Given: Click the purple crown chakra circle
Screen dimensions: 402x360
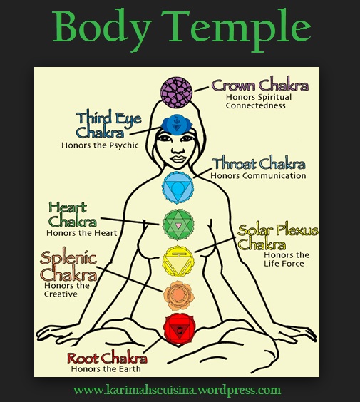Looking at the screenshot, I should coord(177,93).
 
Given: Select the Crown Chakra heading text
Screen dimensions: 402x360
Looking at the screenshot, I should coord(259,86).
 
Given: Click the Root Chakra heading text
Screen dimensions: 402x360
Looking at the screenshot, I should coord(107,358).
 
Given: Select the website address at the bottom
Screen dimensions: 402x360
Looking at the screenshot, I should coord(177,390).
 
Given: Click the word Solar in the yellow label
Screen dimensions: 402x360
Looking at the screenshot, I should coord(257,231).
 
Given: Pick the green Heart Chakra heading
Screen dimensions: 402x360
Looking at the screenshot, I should coord(73,214).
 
